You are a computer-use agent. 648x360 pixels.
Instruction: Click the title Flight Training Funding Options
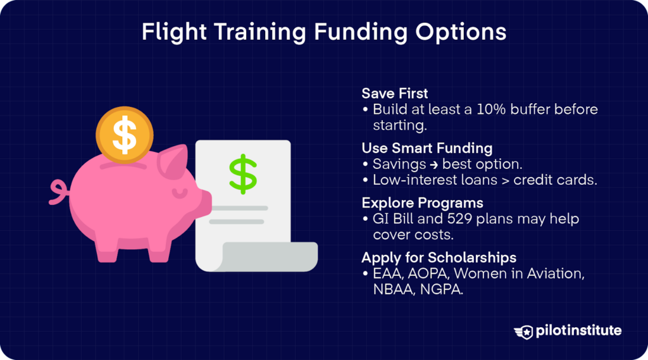tap(323, 32)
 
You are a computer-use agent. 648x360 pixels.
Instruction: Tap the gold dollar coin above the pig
tap(124, 133)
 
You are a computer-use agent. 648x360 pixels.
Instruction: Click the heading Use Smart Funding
tap(427, 148)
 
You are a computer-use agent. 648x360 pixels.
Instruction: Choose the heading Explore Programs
tap(422, 203)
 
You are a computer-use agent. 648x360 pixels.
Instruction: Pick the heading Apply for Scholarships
tap(439, 258)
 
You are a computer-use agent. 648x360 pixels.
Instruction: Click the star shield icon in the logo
tap(524, 330)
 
